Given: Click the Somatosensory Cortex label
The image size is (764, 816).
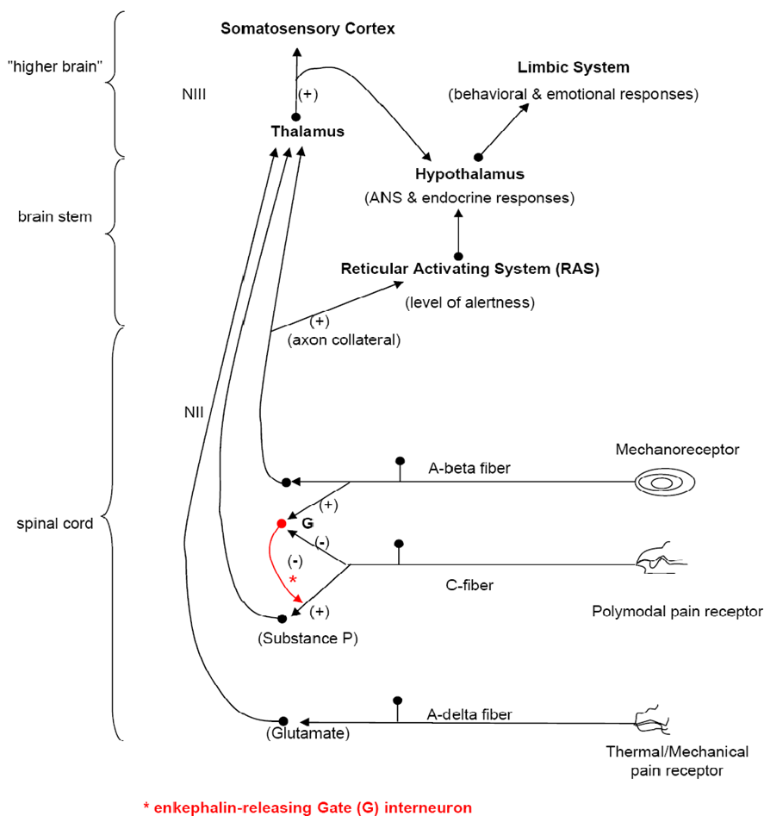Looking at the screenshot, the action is click(x=307, y=28).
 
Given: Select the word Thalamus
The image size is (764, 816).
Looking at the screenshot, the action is click(x=307, y=131).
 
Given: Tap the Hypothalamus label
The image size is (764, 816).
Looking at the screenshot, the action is click(x=469, y=174).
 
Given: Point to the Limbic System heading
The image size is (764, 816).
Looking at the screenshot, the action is click(x=573, y=67).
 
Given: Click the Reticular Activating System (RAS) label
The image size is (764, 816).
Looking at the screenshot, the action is click(x=470, y=269).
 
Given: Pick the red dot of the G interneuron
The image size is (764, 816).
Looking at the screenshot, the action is click(x=282, y=524).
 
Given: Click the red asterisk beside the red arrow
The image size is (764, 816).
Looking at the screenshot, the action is click(x=293, y=580).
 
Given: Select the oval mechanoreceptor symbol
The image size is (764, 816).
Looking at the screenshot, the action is click(x=665, y=483).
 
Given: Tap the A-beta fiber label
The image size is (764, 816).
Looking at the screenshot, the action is click(x=469, y=469).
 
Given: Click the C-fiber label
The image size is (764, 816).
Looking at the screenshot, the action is click(x=469, y=585).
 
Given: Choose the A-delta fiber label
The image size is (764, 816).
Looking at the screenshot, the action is click(x=469, y=714).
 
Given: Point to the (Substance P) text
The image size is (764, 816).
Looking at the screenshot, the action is click(x=307, y=638).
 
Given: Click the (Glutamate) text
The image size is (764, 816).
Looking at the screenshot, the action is click(x=307, y=733).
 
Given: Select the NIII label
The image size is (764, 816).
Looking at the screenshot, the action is click(x=194, y=94).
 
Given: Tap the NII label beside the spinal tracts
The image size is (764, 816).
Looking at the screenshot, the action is click(x=194, y=412).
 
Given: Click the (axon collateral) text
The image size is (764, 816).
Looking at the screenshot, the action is click(x=345, y=339).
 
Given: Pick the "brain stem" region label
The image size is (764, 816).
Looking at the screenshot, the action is click(x=54, y=216).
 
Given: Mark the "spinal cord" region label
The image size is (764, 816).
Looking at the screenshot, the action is click(x=54, y=524).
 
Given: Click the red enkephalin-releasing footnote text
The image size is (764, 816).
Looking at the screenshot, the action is click(x=307, y=807).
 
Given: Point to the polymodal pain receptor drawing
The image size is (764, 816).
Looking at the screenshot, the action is click(x=662, y=559).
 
